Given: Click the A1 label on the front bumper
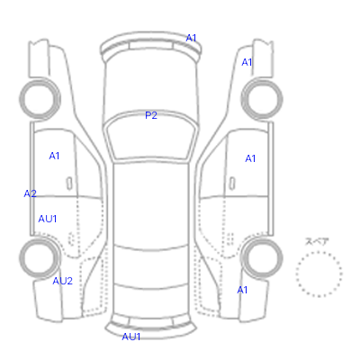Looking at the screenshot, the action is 191,38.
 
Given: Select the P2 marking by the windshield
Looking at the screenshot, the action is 151,115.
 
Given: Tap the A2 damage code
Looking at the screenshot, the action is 30,193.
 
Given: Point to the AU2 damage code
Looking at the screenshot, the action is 62,281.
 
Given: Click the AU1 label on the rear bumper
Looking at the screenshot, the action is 131,337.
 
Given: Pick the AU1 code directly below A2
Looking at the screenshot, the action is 48,219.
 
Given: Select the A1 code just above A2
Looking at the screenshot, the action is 54,156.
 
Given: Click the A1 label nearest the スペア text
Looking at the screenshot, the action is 242,290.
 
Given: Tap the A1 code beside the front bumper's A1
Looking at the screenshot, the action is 247,62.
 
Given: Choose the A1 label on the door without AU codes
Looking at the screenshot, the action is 250,158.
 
